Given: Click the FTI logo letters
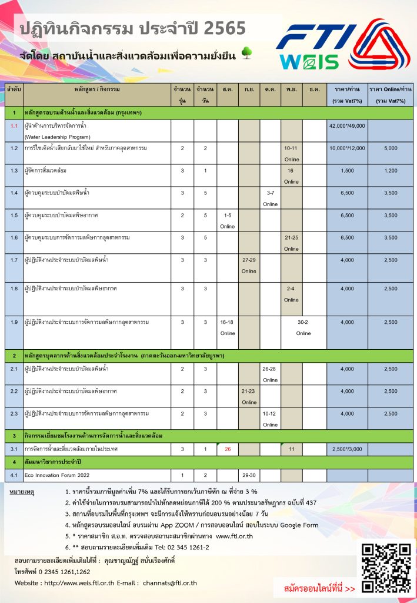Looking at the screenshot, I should pyautogui.click(x=318, y=38).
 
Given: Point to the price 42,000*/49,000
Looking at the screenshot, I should pyautogui.click(x=347, y=125).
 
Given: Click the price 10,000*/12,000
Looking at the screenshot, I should pyautogui.click(x=347, y=148).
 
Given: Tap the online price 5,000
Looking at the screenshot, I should pyautogui.click(x=391, y=148).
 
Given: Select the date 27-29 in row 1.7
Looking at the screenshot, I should pyautogui.click(x=249, y=259).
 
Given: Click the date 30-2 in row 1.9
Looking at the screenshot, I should pyautogui.click(x=303, y=322).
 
